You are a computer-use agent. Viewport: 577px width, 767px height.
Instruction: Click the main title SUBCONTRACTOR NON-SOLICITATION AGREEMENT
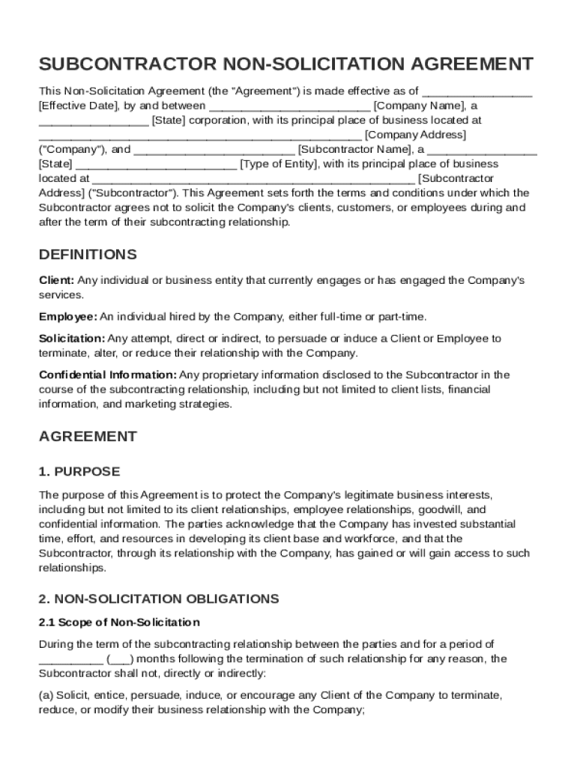[x=286, y=63]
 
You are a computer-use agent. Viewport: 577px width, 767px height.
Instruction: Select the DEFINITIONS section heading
[x=88, y=255]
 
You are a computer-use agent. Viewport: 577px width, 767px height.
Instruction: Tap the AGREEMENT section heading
[x=88, y=437]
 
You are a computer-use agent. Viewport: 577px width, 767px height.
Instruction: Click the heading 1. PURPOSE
[x=79, y=472]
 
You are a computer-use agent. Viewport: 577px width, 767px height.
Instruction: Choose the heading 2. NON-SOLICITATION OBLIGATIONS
[x=158, y=599]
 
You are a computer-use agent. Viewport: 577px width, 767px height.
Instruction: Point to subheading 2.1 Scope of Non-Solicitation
[x=119, y=622]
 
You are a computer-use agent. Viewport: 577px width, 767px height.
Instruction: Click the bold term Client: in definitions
[x=56, y=281]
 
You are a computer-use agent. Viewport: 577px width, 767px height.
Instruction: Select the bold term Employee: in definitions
[x=68, y=317]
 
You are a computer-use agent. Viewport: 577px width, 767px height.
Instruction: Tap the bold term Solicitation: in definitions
[x=72, y=339]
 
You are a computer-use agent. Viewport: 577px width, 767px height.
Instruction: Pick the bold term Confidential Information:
[x=108, y=375]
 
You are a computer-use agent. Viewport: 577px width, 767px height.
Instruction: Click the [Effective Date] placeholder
[x=74, y=106]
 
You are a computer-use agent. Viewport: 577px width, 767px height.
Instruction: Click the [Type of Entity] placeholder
[x=279, y=164]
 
